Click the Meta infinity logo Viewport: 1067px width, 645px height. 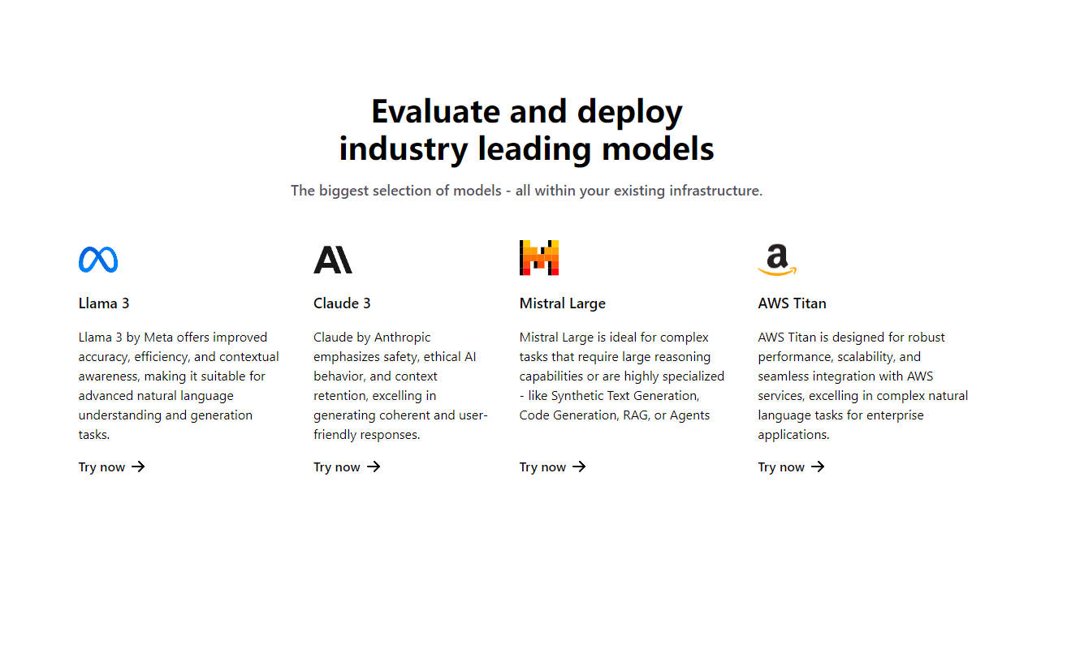(x=98, y=260)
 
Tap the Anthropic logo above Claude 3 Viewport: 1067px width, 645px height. (x=333, y=260)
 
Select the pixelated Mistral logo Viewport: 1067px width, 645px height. (x=539, y=258)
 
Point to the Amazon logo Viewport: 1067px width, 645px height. (x=777, y=260)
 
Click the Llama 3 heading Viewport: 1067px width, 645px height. (x=104, y=303)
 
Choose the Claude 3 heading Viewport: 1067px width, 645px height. (x=342, y=303)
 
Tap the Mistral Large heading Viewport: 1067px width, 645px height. (x=562, y=303)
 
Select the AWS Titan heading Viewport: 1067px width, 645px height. (x=792, y=303)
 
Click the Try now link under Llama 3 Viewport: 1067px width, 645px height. (x=102, y=467)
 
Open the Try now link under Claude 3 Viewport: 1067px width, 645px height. (x=337, y=467)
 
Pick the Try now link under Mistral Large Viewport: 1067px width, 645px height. (x=543, y=467)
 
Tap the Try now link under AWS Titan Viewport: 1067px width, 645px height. (x=781, y=467)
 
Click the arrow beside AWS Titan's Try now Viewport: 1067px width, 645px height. (x=818, y=467)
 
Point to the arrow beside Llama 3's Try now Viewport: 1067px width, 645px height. (x=138, y=467)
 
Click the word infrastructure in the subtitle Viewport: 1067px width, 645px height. (x=715, y=191)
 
